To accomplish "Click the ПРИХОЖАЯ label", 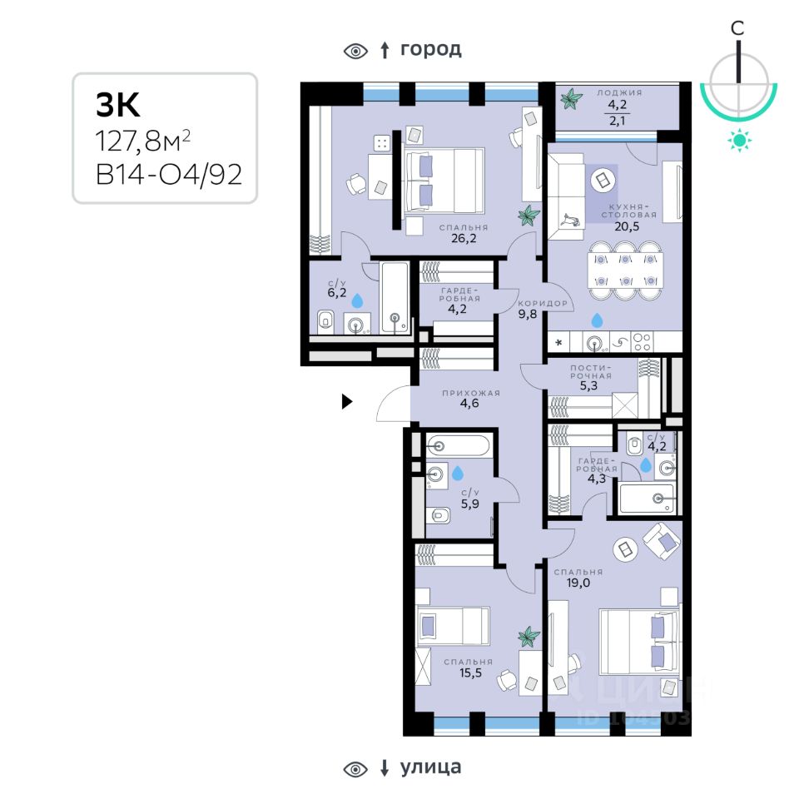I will pyautogui.click(x=460, y=393).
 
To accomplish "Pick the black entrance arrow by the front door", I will pyautogui.click(x=348, y=403).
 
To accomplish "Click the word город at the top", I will pyautogui.click(x=430, y=49).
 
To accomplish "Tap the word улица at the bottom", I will pyautogui.click(x=430, y=767).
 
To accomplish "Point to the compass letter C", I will pyautogui.click(x=737, y=27).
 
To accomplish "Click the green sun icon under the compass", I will pyautogui.click(x=738, y=141).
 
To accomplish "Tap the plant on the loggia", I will pyautogui.click(x=571, y=101).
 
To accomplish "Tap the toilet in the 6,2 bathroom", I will pyautogui.click(x=325, y=320).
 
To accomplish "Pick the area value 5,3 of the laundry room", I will pyautogui.click(x=589, y=386).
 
